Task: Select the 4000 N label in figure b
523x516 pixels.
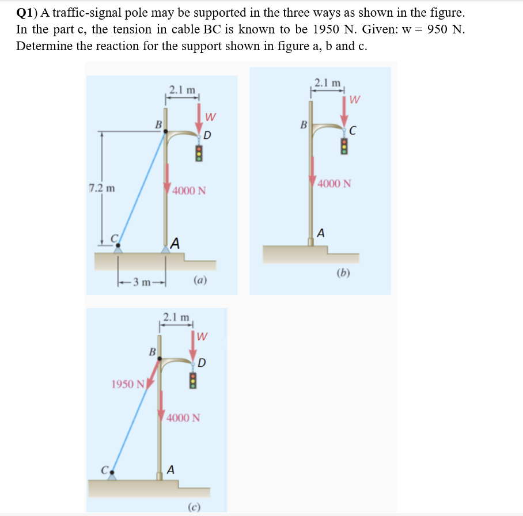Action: (334, 184)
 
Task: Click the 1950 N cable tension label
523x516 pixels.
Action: (128, 384)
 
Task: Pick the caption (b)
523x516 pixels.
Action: (344, 272)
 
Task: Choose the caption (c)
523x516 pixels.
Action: (194, 507)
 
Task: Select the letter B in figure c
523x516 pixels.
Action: (152, 350)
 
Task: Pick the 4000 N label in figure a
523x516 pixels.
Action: (188, 190)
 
